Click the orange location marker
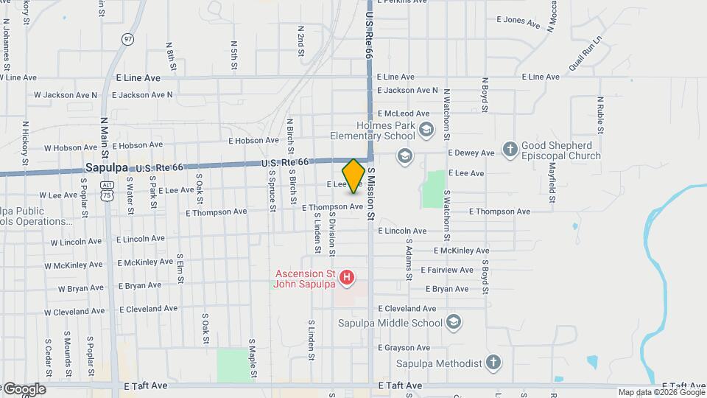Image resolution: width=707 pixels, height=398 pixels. pos(353,176)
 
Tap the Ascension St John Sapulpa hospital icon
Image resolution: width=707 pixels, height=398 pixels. pos(347,277)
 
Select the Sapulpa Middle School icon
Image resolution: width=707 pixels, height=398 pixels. pos(454,322)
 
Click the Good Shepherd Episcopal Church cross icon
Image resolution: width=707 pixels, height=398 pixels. pos(510,149)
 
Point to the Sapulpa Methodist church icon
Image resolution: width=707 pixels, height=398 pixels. pos(493,363)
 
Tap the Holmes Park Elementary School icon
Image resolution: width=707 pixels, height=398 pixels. pos(426,130)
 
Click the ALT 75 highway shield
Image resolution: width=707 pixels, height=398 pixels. pos(108,191)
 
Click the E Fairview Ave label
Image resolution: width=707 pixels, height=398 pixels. pos(447,270)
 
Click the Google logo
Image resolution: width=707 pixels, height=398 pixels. pos(24,389)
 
